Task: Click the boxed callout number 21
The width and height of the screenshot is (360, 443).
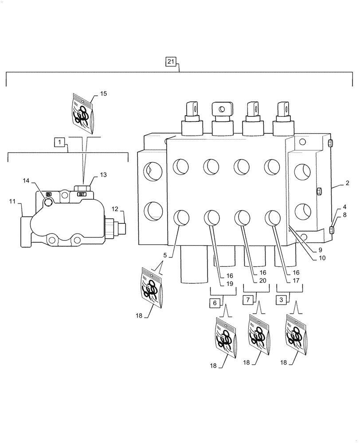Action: (171, 62)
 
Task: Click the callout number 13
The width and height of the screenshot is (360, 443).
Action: (103, 175)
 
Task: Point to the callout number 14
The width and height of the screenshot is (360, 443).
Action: (26, 180)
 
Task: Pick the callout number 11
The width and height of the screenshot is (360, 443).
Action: (12, 202)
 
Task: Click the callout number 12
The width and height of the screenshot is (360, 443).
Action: (114, 209)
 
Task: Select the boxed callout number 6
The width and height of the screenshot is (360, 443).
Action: (215, 303)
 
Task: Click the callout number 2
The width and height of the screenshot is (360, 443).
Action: (347, 183)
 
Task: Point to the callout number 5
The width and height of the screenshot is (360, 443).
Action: (165, 255)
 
